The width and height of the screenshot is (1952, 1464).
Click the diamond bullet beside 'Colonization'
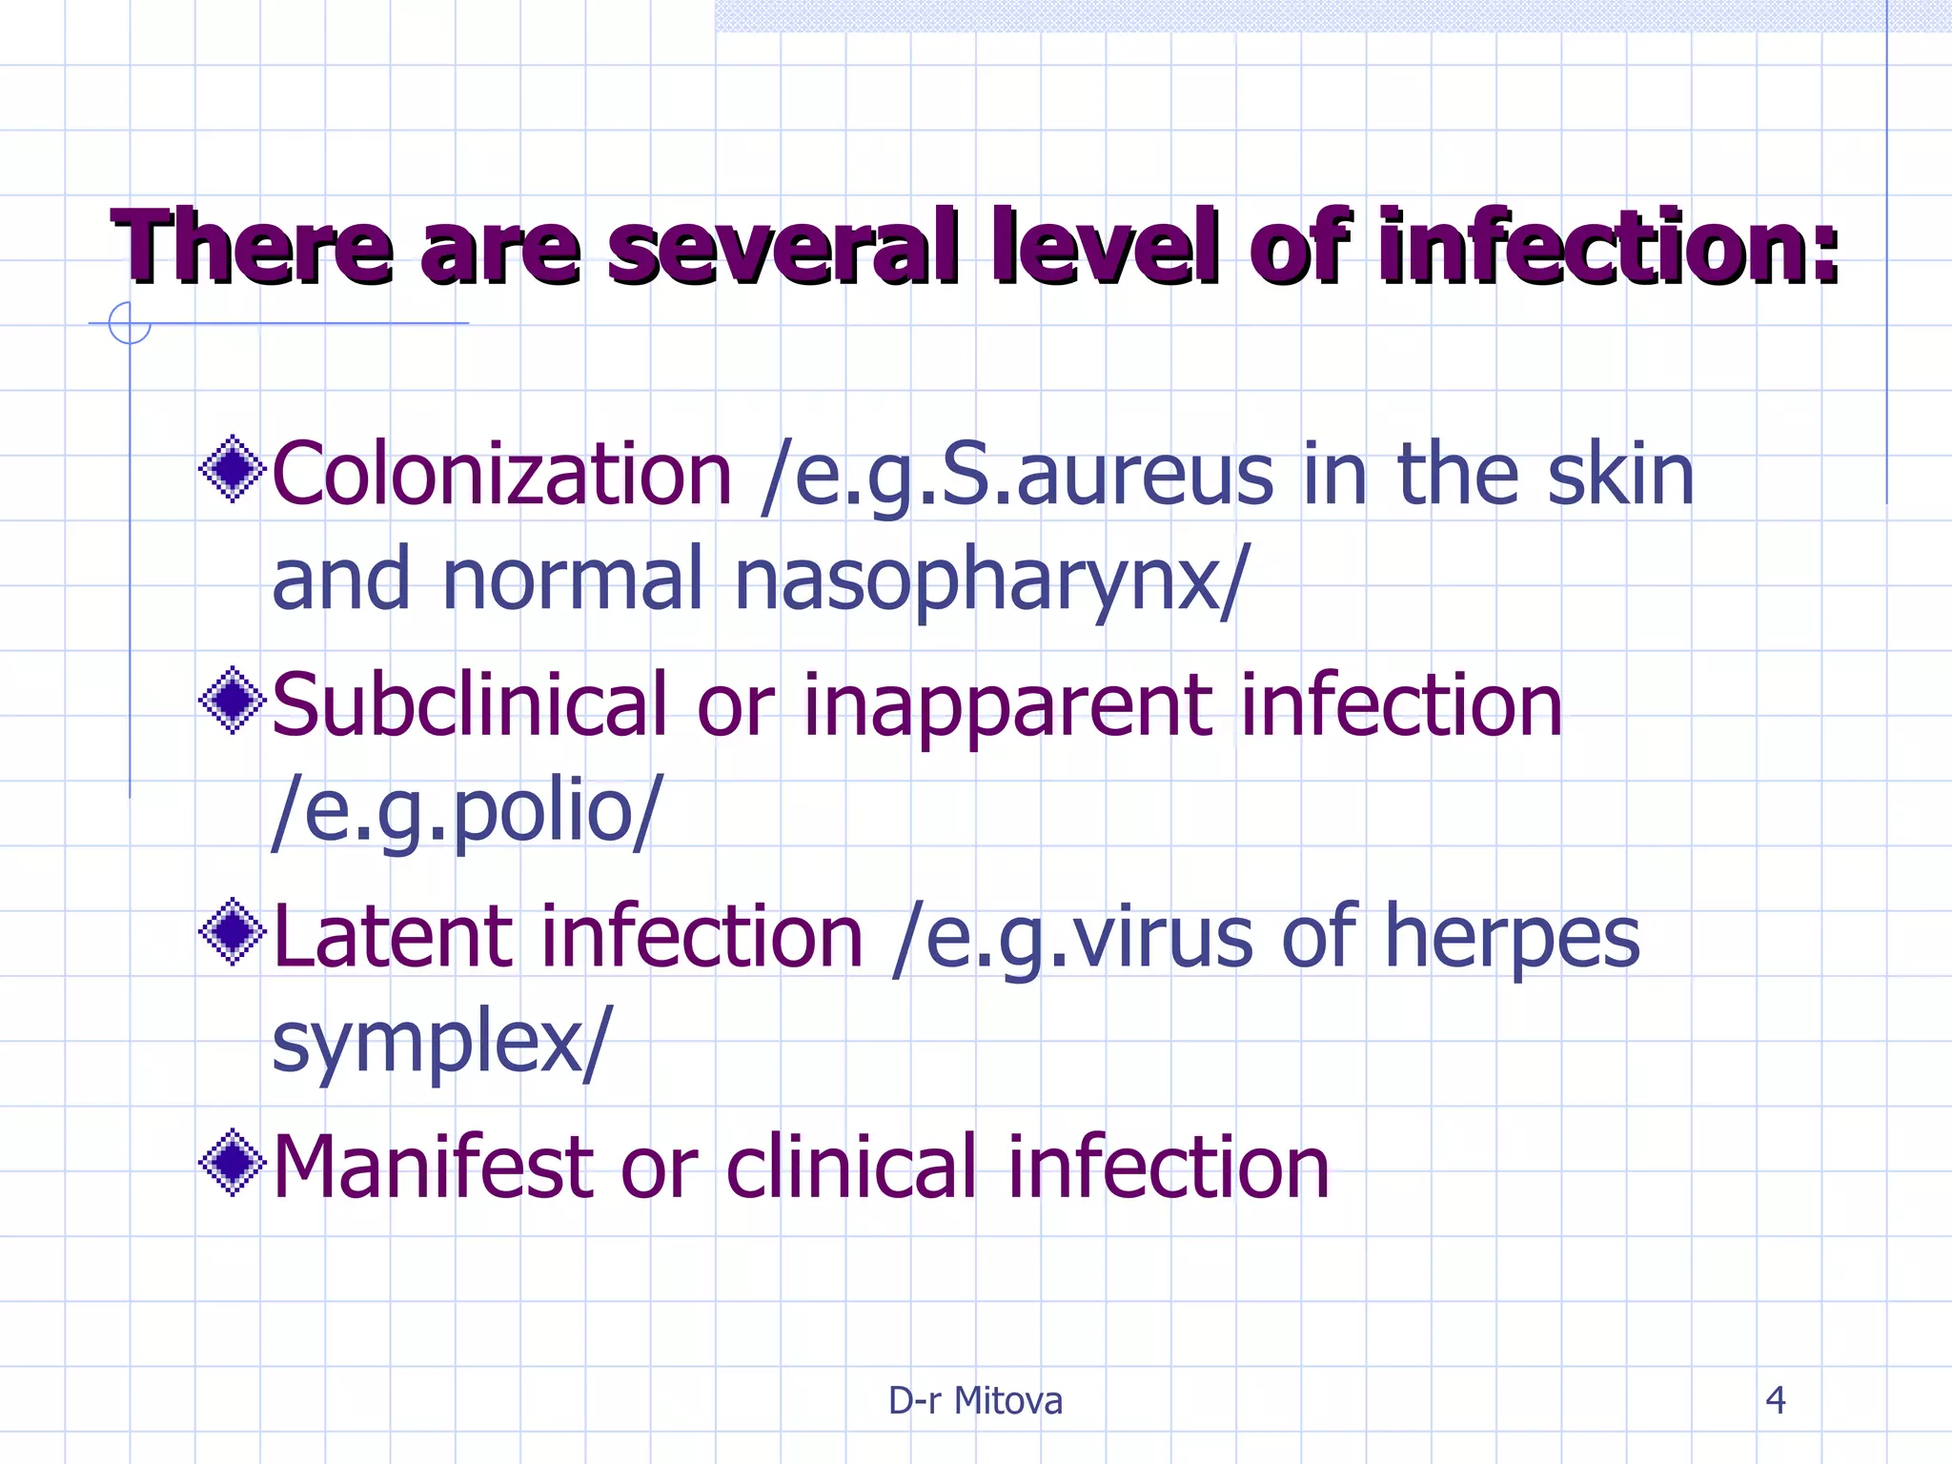coord(232,468)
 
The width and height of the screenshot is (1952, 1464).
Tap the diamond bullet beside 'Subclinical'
coord(232,701)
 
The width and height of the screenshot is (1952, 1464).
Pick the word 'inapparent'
coord(1007,707)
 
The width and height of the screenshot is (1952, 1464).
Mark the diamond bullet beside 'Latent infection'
coord(232,931)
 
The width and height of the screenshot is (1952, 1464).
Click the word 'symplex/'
coord(440,1043)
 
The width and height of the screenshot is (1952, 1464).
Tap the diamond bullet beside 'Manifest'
coord(232,1162)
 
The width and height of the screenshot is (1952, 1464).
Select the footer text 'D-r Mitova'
coord(975,1400)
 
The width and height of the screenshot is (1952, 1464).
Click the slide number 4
coord(1775,1400)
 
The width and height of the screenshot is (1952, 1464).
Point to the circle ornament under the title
coord(130,323)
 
